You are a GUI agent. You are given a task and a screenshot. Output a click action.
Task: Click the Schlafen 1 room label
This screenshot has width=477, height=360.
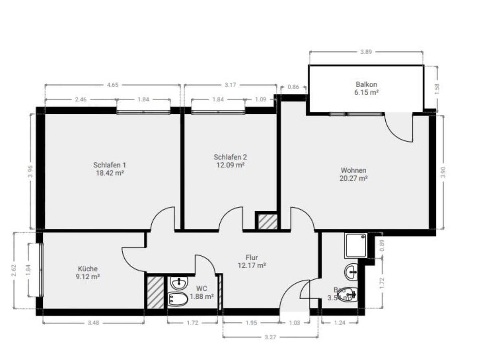[x=109, y=165]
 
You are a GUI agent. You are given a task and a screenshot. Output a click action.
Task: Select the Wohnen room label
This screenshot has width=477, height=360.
[x=353, y=170]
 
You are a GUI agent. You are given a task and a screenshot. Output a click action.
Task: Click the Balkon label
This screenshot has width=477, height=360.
[x=366, y=84]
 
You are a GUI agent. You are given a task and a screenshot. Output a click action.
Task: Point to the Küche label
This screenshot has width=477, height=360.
[x=88, y=269]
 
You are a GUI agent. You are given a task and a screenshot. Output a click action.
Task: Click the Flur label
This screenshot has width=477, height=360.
[x=252, y=257]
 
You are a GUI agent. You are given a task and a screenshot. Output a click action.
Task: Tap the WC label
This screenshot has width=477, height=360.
[x=202, y=289]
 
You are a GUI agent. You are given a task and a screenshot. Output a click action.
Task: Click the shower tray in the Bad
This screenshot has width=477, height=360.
[x=356, y=245]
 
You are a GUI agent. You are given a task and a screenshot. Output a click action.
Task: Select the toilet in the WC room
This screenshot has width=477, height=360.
[x=178, y=300]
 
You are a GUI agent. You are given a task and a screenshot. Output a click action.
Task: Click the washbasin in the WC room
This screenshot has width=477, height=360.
[x=178, y=282]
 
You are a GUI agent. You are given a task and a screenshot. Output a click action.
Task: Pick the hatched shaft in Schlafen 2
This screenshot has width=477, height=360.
[x=267, y=221]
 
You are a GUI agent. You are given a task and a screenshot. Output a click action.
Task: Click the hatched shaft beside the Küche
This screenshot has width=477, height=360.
[x=155, y=292]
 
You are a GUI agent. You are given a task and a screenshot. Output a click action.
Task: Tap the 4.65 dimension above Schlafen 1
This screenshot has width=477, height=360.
[x=112, y=85]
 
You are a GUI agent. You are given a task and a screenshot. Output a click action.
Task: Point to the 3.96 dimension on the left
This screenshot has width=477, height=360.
[x=30, y=171]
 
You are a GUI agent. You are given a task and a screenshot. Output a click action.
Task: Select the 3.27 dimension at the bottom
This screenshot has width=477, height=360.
[x=270, y=337]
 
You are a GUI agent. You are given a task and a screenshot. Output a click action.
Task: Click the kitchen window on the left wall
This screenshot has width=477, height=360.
[x=41, y=270]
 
